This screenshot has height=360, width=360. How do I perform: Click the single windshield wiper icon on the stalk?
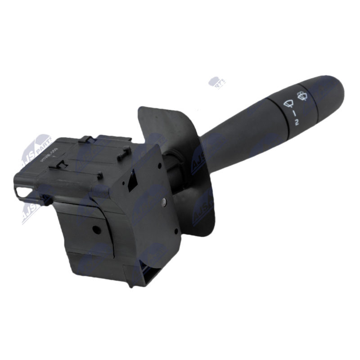point(286,103)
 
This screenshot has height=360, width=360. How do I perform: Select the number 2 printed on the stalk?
point(297,121)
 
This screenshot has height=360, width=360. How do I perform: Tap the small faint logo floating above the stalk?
point(217,83)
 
